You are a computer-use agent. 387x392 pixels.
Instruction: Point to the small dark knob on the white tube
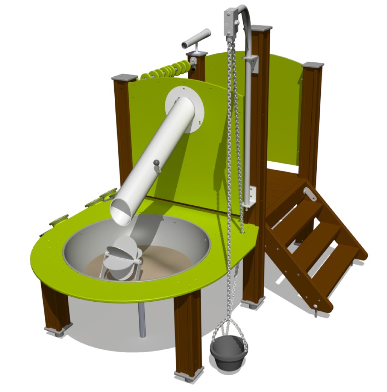(156, 163)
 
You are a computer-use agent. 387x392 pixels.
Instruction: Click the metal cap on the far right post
(313, 65)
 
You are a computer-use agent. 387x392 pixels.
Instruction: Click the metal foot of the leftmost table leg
(57, 330)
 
